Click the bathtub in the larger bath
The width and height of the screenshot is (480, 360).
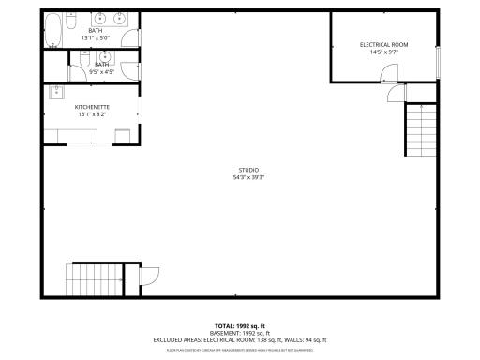54,29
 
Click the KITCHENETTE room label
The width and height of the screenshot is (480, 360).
92,107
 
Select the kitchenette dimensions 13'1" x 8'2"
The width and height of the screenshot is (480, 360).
92,114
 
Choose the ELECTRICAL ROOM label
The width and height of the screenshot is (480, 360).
383,45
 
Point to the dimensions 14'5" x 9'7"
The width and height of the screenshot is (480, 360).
383,52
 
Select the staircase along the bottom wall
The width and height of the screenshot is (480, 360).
95,279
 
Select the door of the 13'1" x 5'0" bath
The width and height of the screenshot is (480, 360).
131,38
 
